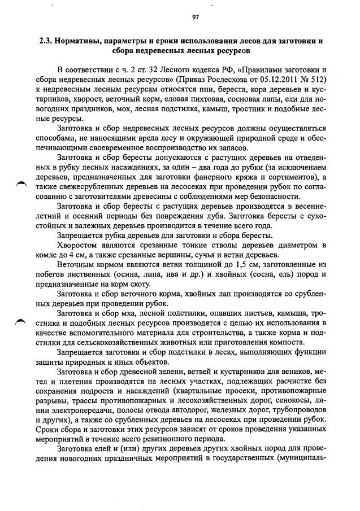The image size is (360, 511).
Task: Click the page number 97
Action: pyautogui.click(x=196, y=17)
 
